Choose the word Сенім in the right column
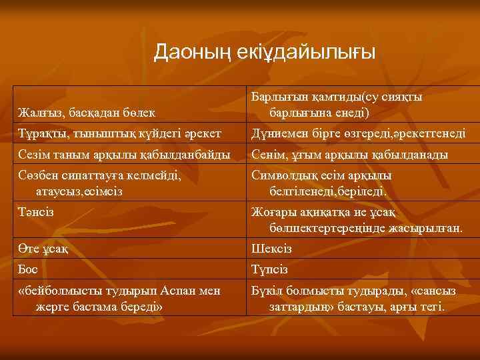267,155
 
